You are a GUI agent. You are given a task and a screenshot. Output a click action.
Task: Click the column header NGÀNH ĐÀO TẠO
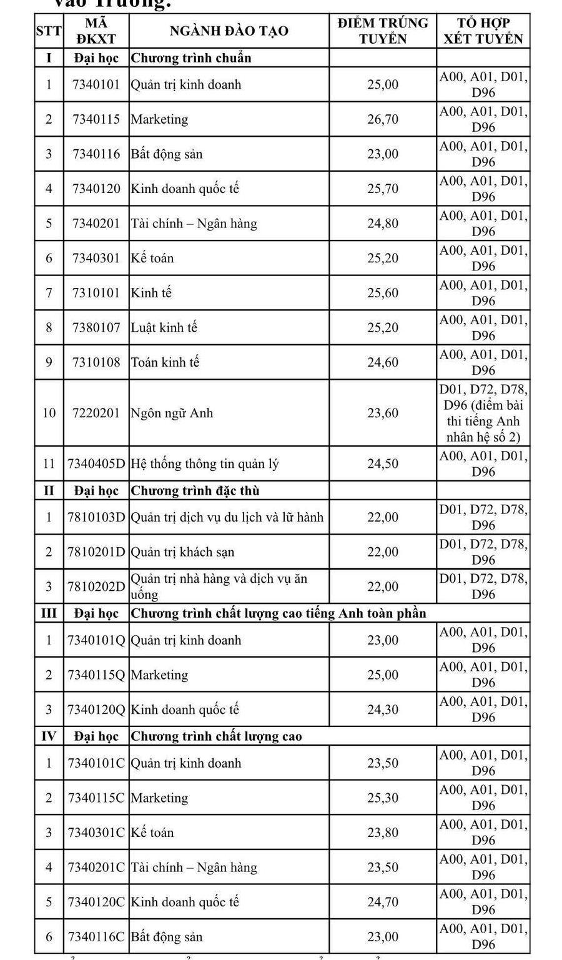(229, 31)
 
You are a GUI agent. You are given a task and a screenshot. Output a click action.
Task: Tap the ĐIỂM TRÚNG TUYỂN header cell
(383, 31)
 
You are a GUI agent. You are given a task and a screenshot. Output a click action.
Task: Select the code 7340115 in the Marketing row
(96, 119)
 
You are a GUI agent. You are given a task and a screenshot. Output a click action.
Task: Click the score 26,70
(383, 119)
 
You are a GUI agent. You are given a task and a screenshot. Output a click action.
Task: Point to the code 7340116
(96, 154)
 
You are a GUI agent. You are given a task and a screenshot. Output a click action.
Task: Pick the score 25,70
(383, 189)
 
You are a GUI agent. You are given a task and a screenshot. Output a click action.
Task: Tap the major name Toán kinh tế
(165, 362)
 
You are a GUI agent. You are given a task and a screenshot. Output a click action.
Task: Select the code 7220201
(96, 413)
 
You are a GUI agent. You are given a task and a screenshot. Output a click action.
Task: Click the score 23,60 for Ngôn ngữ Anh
(383, 413)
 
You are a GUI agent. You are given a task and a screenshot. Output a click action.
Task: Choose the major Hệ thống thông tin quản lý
(204, 463)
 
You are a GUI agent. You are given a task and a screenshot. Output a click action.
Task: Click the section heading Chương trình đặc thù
(195, 490)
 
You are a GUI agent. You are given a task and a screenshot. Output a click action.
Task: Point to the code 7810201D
(96, 552)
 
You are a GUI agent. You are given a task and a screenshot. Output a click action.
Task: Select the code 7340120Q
(96, 710)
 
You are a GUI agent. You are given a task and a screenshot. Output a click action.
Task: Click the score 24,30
(383, 710)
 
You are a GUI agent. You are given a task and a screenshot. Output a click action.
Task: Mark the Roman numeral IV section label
(49, 736)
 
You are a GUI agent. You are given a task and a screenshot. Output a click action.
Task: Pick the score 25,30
(383, 798)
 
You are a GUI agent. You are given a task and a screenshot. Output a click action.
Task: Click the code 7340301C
(96, 833)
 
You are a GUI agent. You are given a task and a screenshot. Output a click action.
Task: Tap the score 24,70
(383, 902)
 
